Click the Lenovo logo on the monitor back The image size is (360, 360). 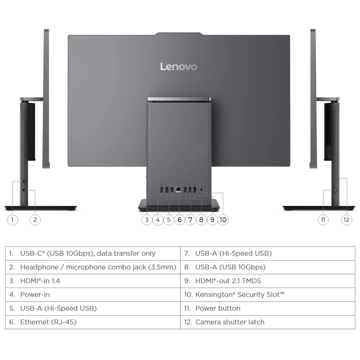tap(178, 66)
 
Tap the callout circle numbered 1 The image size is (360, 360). tap(12, 220)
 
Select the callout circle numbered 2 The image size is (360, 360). tap(35, 220)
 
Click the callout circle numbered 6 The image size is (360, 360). tap(180, 220)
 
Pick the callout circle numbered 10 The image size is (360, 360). tap(223, 220)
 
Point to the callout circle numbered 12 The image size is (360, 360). tap(346, 220)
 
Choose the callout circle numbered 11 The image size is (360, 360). tap(323, 220)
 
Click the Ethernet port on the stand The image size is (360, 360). tap(178, 190)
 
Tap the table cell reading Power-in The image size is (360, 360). tap(93, 295)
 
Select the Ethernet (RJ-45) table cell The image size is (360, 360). tap(93, 322)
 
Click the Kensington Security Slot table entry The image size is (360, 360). tap(268, 295)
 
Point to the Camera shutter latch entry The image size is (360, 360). tap(268, 322)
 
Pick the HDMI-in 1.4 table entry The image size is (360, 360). tap(93, 281)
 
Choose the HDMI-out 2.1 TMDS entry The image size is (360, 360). tap(268, 281)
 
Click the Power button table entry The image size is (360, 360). tap(268, 308)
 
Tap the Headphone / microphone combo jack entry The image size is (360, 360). tap(93, 267)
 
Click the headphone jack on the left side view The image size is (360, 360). tap(24, 190)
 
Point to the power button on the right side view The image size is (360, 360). tap(335, 190)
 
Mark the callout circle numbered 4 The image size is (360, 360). tap(158, 220)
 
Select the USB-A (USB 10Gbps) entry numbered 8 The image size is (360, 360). tap(268, 267)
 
